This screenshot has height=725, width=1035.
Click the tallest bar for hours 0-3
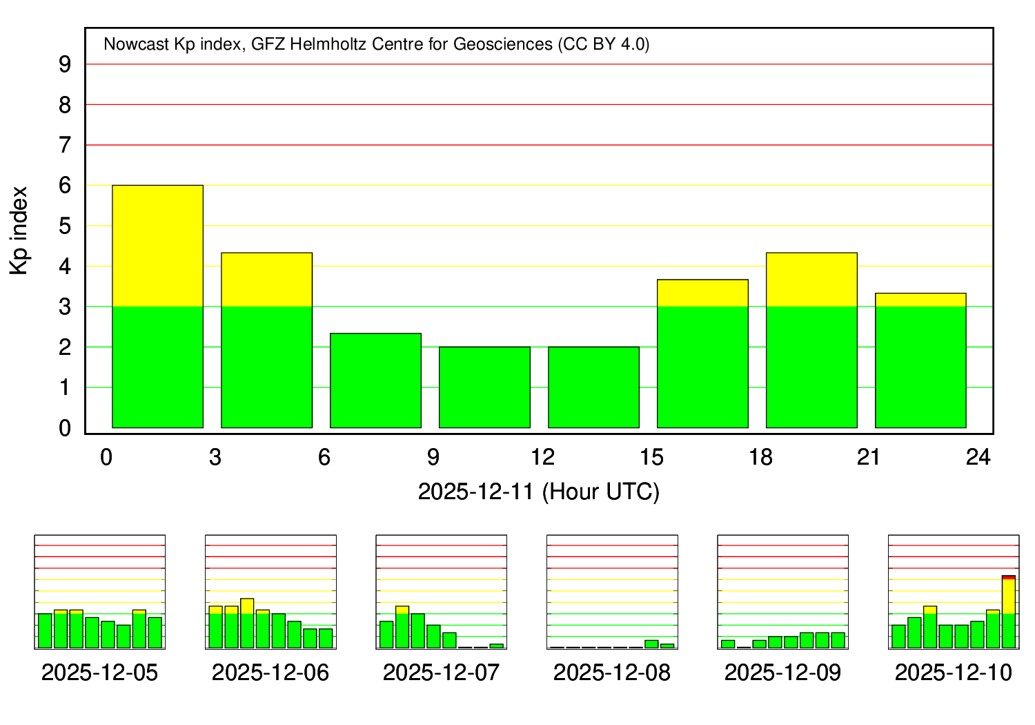pos(157,307)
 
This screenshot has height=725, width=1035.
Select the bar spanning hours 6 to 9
pos(375,380)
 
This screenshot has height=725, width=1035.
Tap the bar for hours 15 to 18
pos(702,354)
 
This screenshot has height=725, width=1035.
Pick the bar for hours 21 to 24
pos(920,360)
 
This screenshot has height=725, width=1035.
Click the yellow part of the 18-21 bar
pos(811,280)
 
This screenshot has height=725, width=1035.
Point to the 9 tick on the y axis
pos(66,64)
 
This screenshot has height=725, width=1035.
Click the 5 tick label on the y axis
pos(66,226)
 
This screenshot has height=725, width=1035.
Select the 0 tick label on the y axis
pos(66,428)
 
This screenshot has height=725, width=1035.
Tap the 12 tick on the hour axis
pos(542,457)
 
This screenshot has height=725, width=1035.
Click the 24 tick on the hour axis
pos(978,457)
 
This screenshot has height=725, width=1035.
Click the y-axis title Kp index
pos(19,230)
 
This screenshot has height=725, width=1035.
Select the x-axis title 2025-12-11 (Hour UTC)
pos(538,492)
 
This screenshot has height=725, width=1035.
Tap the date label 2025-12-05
pos(99,673)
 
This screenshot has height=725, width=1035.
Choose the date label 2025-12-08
pos(611,673)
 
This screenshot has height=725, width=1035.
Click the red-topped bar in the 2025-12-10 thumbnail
pos(1009,612)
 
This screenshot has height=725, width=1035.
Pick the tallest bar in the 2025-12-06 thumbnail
pos(247,623)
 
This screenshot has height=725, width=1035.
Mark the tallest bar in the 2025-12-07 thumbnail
pos(402,627)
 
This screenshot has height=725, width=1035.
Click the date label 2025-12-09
pos(782,673)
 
